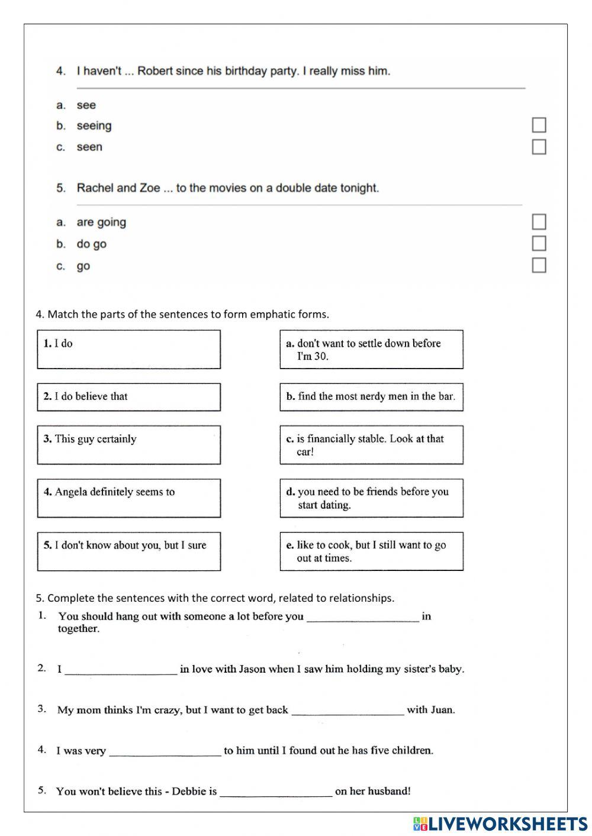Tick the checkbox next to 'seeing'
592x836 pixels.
point(539,125)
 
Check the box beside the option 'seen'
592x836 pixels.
point(539,147)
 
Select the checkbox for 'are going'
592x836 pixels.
point(539,222)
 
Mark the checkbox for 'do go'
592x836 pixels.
point(539,244)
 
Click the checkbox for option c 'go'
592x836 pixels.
point(539,266)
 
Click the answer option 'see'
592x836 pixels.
point(86,105)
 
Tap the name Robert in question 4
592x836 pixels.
point(155,71)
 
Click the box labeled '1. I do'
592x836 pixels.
point(128,350)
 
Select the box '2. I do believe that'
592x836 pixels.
point(128,397)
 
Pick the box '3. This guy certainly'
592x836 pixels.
point(128,445)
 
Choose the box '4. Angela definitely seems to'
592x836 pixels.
point(128,498)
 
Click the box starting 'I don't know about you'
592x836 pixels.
point(128,551)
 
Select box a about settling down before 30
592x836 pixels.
point(371,350)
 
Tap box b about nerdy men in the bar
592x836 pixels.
point(371,397)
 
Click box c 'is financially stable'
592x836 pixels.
point(371,445)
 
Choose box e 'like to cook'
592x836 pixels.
point(371,551)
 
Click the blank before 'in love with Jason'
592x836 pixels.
point(121,670)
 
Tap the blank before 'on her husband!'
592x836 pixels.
point(276,792)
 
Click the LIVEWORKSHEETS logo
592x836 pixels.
point(500,824)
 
